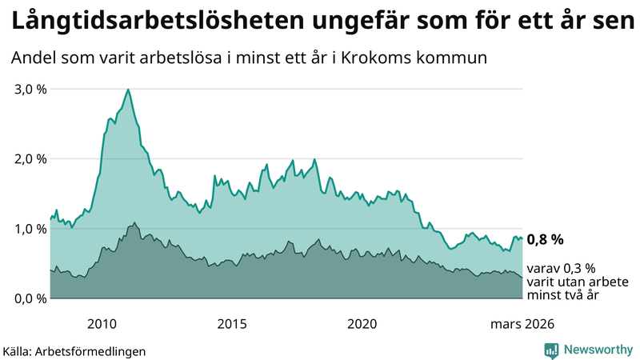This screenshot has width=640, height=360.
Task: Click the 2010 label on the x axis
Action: [x=102, y=323]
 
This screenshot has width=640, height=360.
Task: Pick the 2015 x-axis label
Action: [x=232, y=323]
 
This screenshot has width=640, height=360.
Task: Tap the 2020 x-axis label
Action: [x=362, y=323]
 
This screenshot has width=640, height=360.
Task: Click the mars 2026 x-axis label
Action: [x=522, y=323]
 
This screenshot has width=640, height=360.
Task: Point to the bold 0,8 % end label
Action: [x=545, y=238]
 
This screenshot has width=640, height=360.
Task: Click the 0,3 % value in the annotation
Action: [x=578, y=268]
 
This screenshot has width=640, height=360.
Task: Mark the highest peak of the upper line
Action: [x=128, y=90]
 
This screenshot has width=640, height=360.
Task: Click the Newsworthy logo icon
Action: [x=551, y=350]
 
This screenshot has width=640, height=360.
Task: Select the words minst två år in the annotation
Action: [x=562, y=295]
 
